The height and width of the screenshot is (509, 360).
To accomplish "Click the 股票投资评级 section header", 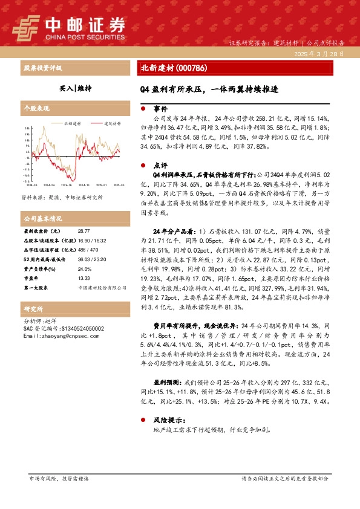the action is (42, 68).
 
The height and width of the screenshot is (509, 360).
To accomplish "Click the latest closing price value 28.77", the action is (83, 232).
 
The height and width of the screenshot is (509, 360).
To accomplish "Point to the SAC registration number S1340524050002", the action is (78, 328).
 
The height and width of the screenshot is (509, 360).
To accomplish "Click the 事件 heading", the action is (160, 109).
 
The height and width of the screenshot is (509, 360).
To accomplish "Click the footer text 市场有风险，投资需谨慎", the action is (59, 478).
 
